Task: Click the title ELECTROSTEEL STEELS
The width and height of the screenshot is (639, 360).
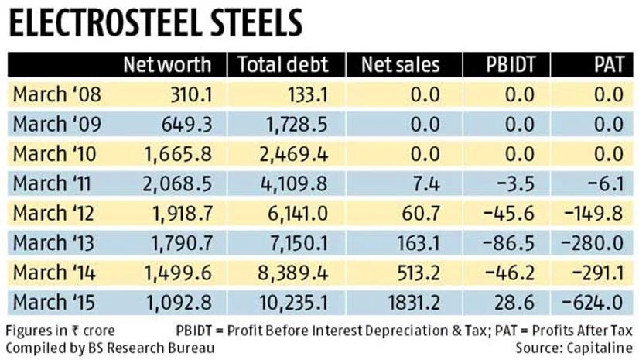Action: click(x=155, y=24)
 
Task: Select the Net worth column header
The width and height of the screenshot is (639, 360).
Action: click(x=173, y=65)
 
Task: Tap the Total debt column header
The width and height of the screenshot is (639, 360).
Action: click(x=282, y=65)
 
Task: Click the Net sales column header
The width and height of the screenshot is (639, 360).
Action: click(x=400, y=65)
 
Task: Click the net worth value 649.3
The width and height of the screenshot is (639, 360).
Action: click(x=188, y=124)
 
